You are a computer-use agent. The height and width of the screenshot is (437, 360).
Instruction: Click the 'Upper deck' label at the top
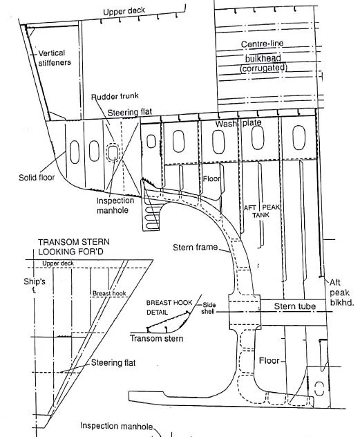point(126,12)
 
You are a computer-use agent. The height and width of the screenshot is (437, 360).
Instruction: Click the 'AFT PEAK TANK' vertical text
point(252,211)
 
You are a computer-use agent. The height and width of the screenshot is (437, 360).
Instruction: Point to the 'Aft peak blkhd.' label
point(341,293)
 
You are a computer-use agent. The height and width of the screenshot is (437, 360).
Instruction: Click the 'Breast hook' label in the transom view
point(106,294)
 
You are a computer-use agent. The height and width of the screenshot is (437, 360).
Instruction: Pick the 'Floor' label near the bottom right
point(269,362)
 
